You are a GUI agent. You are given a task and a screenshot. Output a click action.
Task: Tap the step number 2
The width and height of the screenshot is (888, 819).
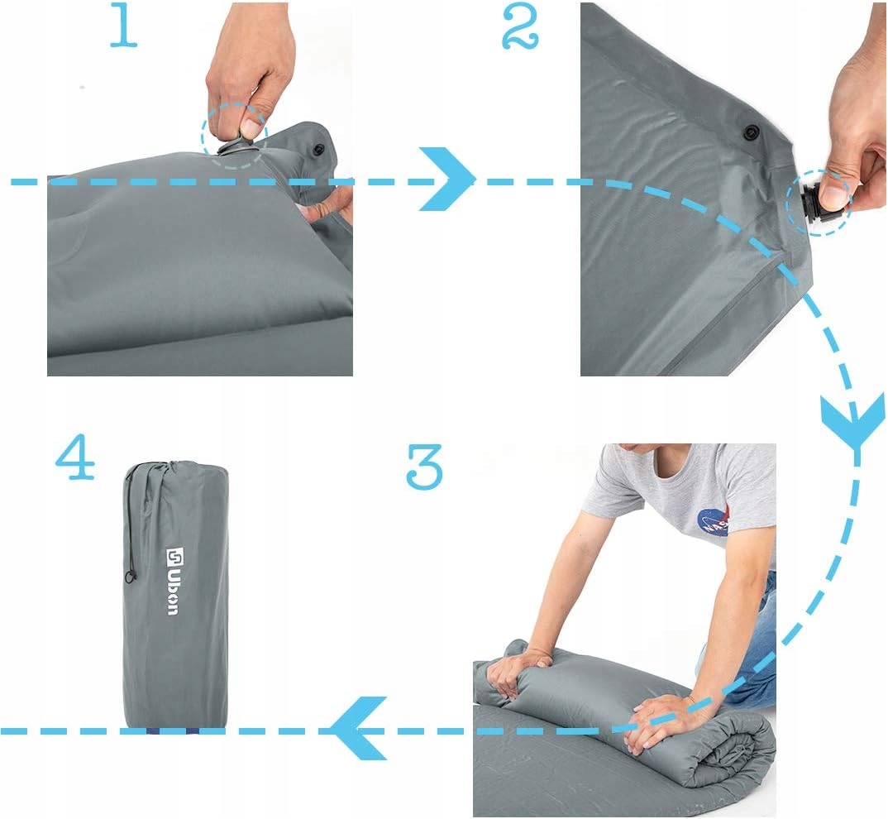pos(520,28)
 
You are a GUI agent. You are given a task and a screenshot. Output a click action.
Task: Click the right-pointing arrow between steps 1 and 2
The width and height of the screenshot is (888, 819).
pos(446,179)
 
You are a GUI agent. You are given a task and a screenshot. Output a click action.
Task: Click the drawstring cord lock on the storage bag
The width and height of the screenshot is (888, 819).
pos(131,577)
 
